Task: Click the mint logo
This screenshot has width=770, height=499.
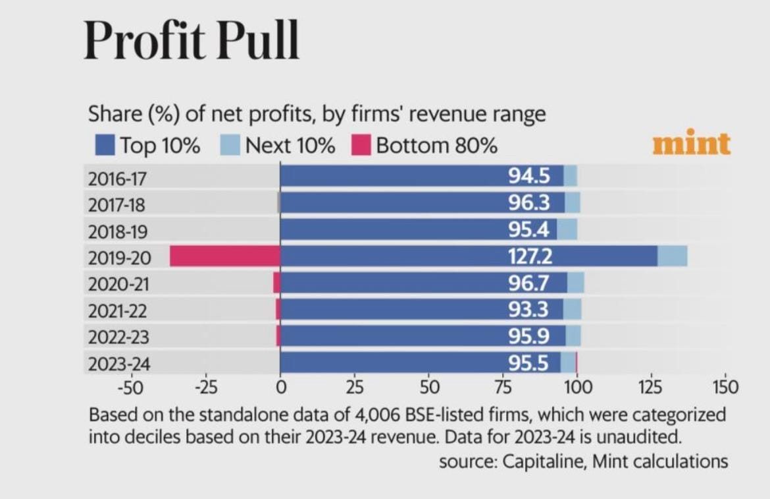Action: (691, 144)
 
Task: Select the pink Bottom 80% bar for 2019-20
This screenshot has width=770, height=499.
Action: (224, 256)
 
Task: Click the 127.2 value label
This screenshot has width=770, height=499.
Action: (530, 256)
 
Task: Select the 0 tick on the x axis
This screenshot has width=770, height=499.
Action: (280, 386)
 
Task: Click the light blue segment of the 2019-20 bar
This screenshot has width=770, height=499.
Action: (672, 256)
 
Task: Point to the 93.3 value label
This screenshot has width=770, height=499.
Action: (529, 309)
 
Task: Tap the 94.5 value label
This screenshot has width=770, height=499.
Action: (529, 176)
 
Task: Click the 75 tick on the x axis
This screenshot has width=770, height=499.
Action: (503, 386)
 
